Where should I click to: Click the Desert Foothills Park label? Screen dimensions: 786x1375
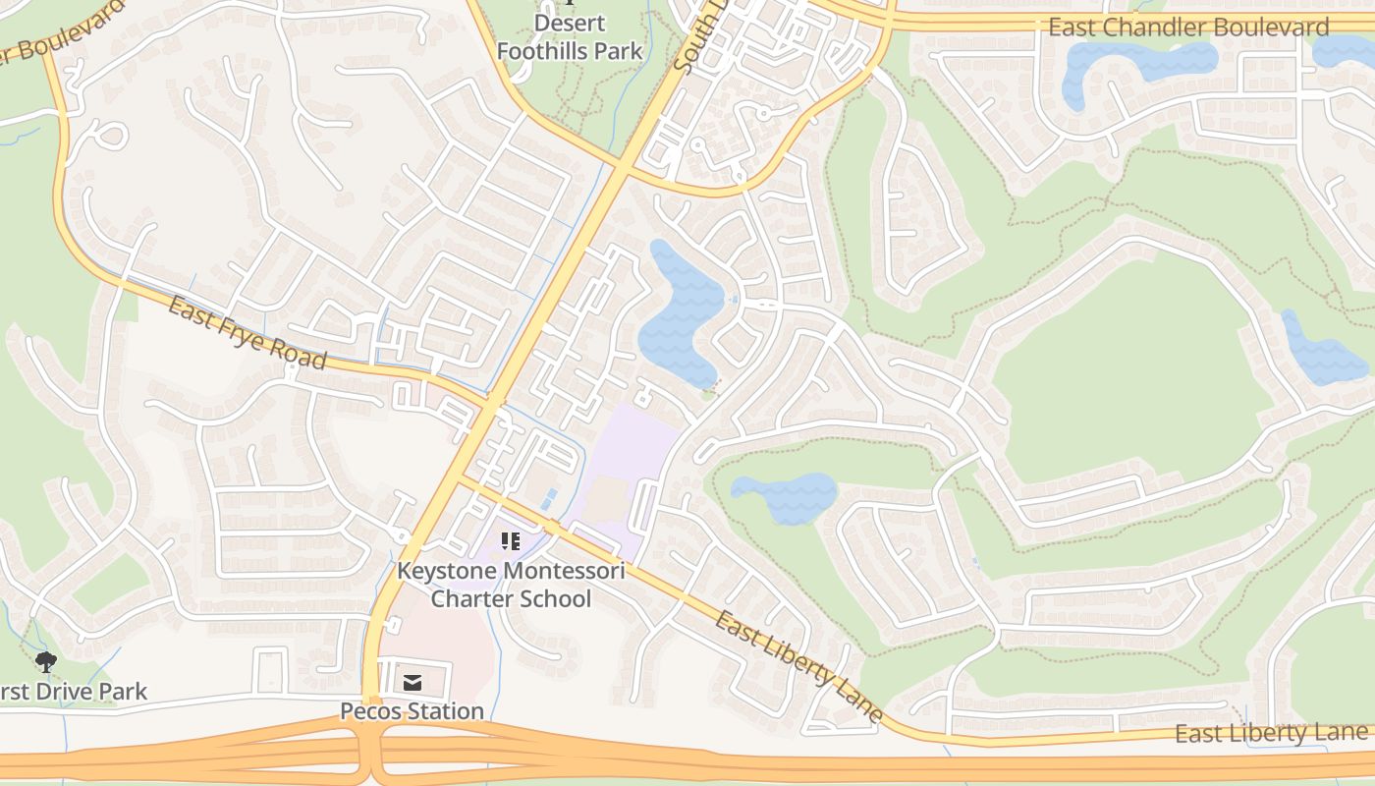coord(570,36)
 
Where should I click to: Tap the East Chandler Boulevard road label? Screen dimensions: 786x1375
coord(1188,28)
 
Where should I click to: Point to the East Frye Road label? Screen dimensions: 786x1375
coord(247,333)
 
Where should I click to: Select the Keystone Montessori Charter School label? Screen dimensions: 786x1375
coord(511,584)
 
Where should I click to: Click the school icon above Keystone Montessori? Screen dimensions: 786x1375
coord(510,540)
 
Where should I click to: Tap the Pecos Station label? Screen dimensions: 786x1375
coord(412,710)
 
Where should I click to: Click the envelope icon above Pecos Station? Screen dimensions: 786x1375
coord(412,682)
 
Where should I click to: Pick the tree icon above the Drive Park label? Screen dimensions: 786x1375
coord(45,661)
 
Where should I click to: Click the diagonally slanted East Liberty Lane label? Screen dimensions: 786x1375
coord(798,667)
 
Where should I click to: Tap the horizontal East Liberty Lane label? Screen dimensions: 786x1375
coord(1271,733)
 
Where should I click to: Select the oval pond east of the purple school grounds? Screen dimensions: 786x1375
coord(786,496)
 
